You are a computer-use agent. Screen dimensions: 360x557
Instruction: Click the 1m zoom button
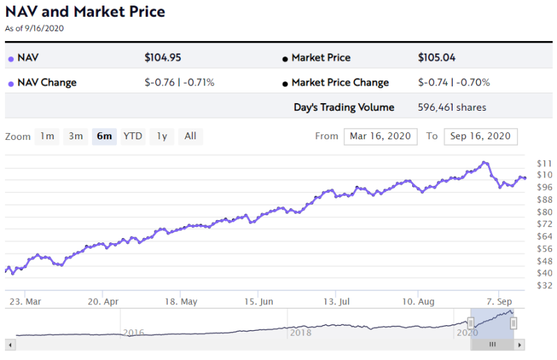47,136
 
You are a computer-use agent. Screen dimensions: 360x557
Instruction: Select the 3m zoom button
76,136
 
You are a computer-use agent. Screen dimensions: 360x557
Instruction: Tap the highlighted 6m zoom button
104,136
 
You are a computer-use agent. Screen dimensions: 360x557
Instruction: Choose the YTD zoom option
133,136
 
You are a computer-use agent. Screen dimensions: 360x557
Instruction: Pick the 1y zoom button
162,136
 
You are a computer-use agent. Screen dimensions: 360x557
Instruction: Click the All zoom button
190,136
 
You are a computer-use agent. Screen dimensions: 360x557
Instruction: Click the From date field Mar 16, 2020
380,136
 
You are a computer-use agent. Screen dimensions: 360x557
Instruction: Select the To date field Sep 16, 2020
480,136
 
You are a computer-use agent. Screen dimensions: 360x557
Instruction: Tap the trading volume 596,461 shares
452,107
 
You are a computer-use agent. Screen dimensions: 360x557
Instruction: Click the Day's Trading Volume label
344,107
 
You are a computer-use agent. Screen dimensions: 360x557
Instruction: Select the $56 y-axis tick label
544,249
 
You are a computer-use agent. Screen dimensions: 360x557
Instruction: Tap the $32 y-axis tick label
544,285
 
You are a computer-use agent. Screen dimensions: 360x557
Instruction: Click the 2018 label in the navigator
301,333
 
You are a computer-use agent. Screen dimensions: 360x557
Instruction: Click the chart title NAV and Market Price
85,13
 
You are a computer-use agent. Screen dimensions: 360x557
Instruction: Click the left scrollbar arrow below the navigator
9,344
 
